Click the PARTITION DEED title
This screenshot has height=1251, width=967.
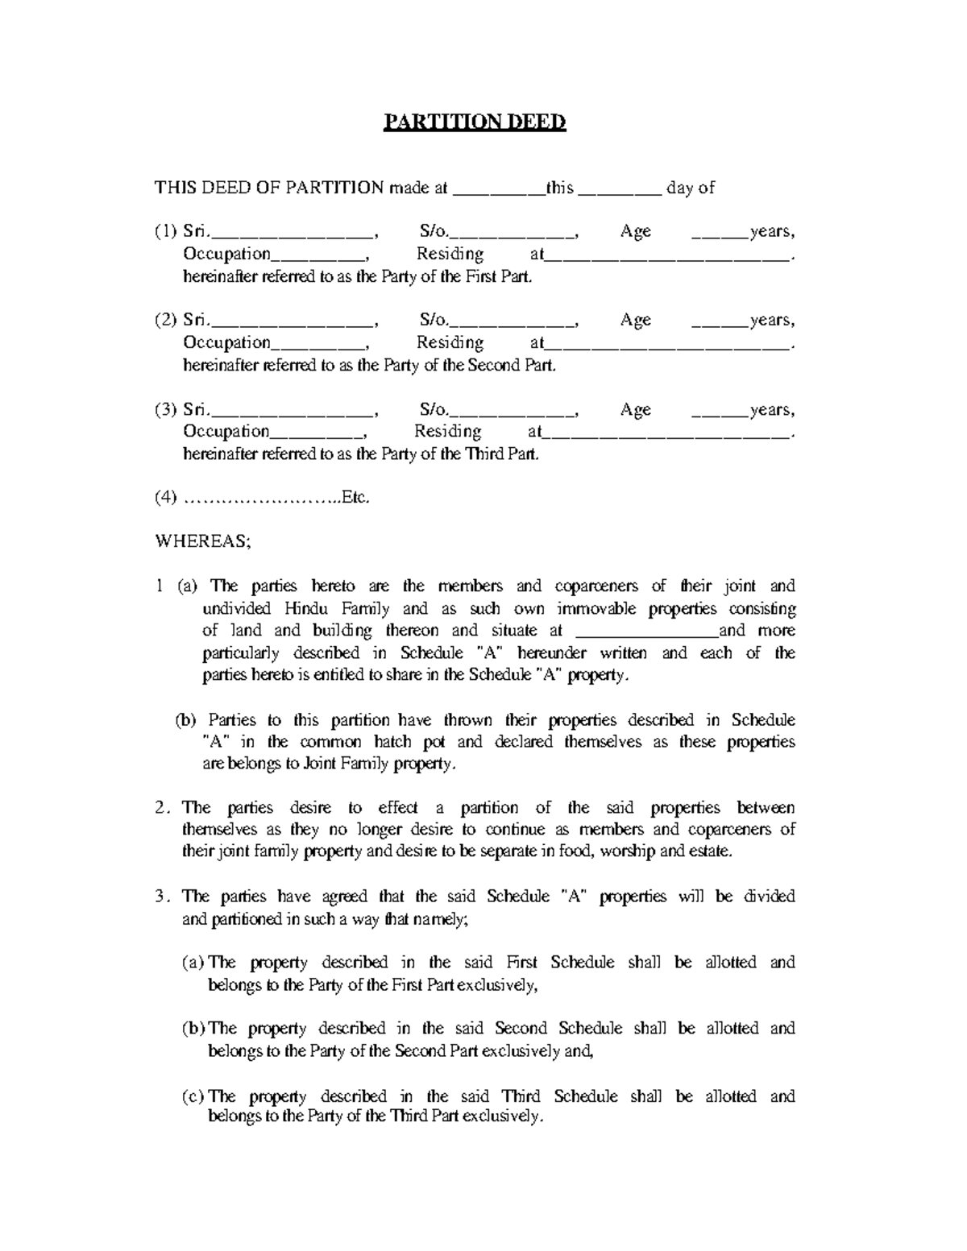coord(474,122)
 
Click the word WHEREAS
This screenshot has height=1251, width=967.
coord(202,542)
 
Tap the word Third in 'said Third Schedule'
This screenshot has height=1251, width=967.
coord(521,1096)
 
